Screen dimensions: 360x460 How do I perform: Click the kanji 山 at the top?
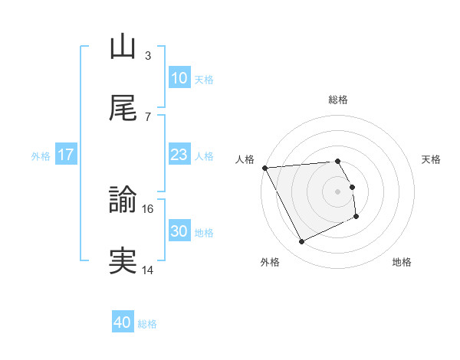[x=123, y=47]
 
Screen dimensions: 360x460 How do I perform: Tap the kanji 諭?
[x=123, y=201]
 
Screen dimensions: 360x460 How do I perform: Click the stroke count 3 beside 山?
[x=148, y=55]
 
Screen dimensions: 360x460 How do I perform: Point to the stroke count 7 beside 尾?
[x=148, y=116]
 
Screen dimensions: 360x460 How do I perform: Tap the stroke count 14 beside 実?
[x=148, y=270]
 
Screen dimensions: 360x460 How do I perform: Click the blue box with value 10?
[x=179, y=78]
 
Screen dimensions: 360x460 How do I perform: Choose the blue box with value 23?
[x=179, y=155]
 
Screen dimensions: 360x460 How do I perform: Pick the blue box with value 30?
[x=179, y=231]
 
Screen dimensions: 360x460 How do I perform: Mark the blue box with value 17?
[x=66, y=155]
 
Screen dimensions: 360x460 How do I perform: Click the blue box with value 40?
[x=123, y=322]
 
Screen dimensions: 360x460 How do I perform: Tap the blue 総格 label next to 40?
[x=147, y=324]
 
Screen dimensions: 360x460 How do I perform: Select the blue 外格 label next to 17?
[x=41, y=155]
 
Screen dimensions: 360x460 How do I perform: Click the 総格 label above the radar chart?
[x=338, y=100]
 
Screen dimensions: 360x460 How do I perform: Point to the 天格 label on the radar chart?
[x=431, y=159]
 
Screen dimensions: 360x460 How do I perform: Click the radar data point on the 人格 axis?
[x=264, y=168]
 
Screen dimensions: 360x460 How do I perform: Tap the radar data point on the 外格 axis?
[x=301, y=242]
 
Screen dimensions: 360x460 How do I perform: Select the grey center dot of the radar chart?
[x=338, y=191]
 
